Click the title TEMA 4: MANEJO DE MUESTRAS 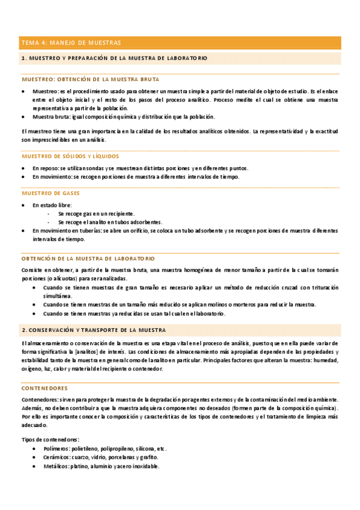click(x=71, y=43)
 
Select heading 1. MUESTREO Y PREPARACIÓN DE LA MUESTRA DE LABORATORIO click(x=114, y=58)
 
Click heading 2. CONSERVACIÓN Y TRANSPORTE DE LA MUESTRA click(x=94, y=330)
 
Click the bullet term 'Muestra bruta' click(x=50, y=117)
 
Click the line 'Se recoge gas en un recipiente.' click(x=96, y=214)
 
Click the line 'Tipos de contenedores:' click(x=50, y=440)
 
